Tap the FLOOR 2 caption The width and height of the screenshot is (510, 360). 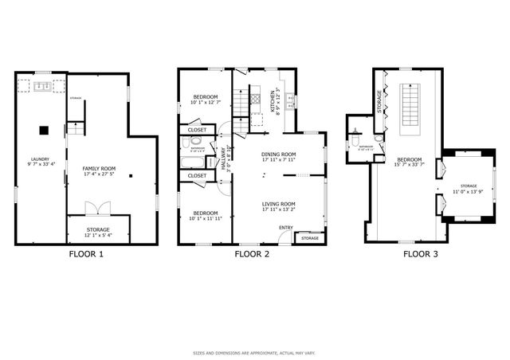[x=252, y=255]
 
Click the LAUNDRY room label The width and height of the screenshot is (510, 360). [x=40, y=159]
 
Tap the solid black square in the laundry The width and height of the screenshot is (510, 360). [x=45, y=129]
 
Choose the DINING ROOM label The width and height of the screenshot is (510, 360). [x=278, y=155]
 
